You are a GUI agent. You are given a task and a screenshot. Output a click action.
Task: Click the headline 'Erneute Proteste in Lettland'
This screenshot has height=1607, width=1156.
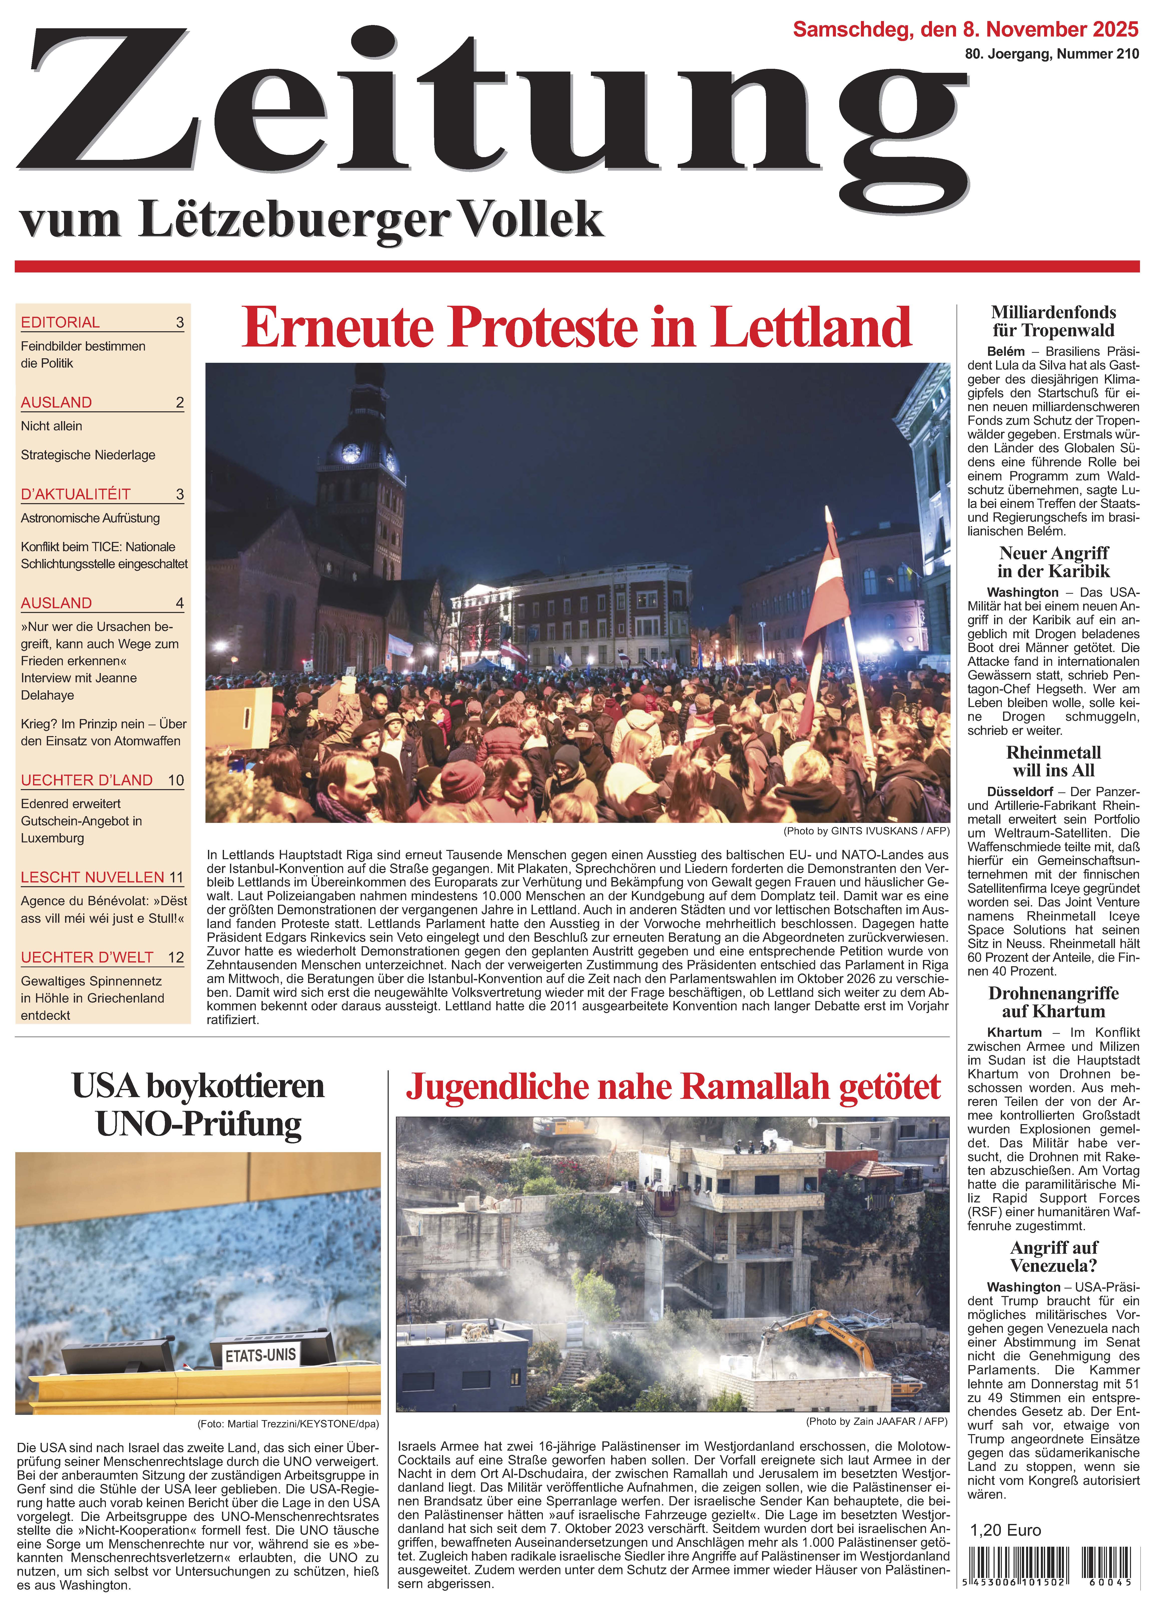576,327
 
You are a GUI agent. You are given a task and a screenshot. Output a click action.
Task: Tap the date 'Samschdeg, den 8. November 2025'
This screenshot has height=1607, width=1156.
965,30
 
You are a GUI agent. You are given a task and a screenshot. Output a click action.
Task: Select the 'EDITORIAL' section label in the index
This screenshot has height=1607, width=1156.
60,323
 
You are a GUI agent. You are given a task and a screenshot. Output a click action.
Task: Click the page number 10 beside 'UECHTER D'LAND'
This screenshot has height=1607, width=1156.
176,780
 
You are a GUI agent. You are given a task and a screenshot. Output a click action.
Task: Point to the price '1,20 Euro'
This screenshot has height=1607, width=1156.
1005,1530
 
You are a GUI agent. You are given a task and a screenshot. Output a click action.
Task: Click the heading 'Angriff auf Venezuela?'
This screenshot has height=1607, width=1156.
1053,1256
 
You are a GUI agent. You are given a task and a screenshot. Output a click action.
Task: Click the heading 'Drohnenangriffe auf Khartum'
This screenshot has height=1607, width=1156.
1053,1002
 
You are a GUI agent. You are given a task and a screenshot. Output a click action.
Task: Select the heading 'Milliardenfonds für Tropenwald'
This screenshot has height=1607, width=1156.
1053,321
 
